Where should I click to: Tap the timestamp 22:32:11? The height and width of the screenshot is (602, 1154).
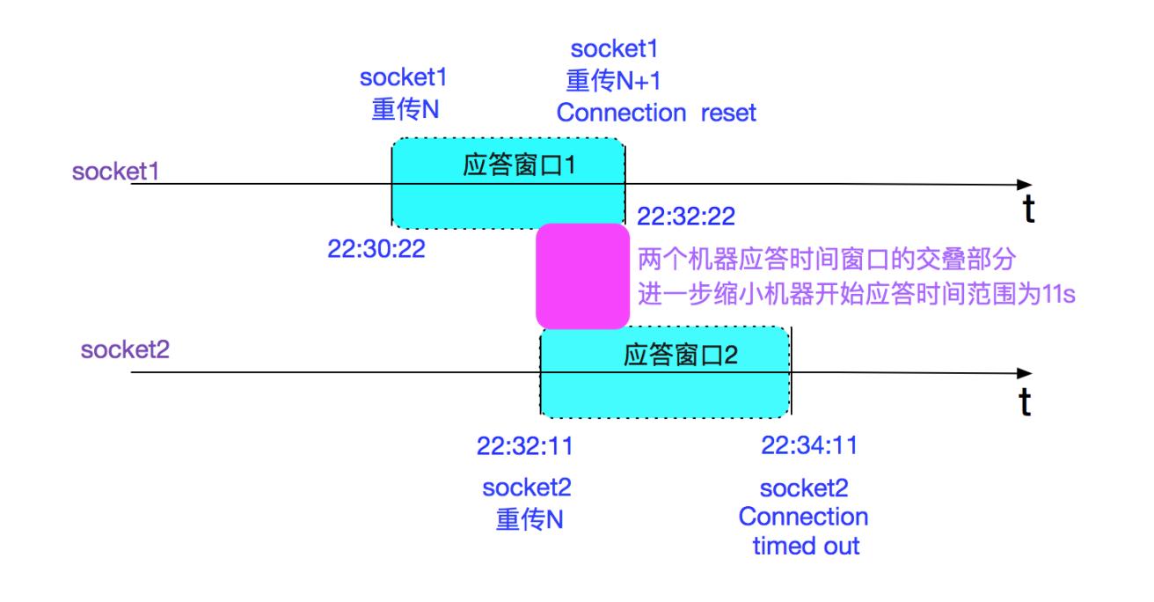[525, 446]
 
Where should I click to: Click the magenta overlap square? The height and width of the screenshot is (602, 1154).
[583, 275]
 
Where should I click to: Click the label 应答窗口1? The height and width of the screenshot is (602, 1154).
[517, 166]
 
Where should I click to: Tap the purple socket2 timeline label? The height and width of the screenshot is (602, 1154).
[124, 350]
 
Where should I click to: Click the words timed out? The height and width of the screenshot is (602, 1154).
[806, 547]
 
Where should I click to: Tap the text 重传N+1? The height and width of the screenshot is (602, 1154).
[613, 82]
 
